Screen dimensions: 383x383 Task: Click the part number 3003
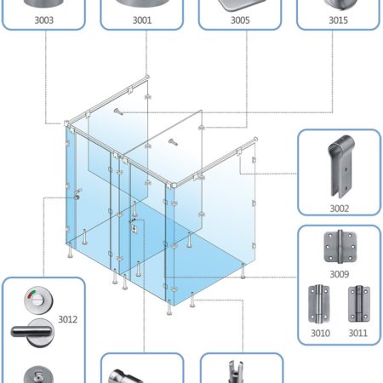click(x=43, y=20)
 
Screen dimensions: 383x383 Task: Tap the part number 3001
click(x=142, y=20)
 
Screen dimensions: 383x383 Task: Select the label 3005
click(x=240, y=20)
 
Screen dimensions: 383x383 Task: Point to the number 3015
click(x=338, y=20)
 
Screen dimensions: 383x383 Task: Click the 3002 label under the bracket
click(x=339, y=209)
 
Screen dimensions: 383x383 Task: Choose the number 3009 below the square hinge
click(x=339, y=274)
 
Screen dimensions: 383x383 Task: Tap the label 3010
click(x=320, y=333)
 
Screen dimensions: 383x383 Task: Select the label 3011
click(x=357, y=333)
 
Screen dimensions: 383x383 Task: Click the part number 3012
click(x=67, y=319)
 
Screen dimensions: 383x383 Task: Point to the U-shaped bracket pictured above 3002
click(x=340, y=166)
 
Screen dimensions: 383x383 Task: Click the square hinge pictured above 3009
click(x=340, y=247)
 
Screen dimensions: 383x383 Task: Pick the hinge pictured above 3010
click(x=319, y=304)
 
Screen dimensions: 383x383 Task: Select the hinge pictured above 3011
click(x=359, y=304)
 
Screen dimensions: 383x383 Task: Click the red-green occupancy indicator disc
click(x=38, y=300)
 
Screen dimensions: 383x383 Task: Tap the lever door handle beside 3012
click(x=32, y=332)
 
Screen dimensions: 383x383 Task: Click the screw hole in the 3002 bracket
click(x=346, y=169)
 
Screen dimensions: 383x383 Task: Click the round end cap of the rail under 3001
click(x=147, y=77)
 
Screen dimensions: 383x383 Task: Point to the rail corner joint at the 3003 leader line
click(x=67, y=123)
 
